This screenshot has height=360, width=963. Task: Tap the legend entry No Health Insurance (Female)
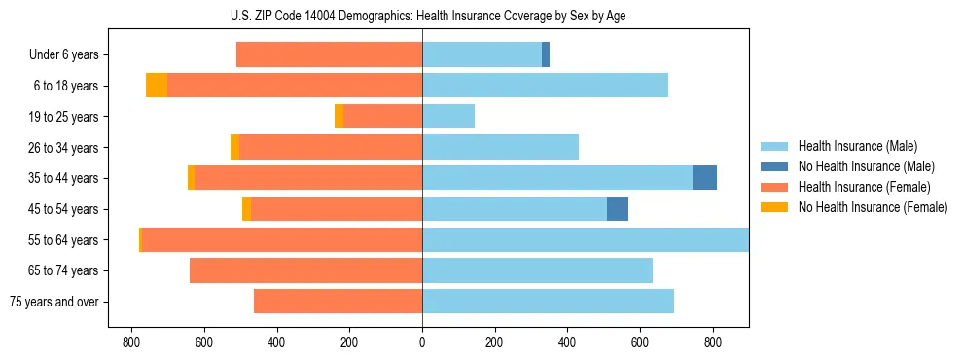(x=873, y=207)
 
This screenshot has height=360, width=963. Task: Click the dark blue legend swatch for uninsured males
(x=774, y=166)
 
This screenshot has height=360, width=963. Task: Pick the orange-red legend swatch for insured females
(x=774, y=187)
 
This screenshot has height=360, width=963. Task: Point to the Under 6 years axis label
(x=64, y=55)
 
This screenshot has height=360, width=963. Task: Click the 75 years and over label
(x=53, y=302)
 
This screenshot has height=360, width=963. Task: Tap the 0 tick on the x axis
(x=422, y=342)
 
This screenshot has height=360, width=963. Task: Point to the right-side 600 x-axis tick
(x=640, y=342)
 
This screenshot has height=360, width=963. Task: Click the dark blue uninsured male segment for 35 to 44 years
(x=704, y=178)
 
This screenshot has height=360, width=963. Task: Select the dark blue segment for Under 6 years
(x=546, y=55)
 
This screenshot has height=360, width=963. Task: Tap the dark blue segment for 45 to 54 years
(x=618, y=209)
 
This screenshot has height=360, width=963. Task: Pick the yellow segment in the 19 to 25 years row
(x=339, y=117)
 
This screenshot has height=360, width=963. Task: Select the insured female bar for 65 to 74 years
(x=305, y=270)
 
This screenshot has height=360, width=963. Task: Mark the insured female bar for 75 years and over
(x=338, y=302)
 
